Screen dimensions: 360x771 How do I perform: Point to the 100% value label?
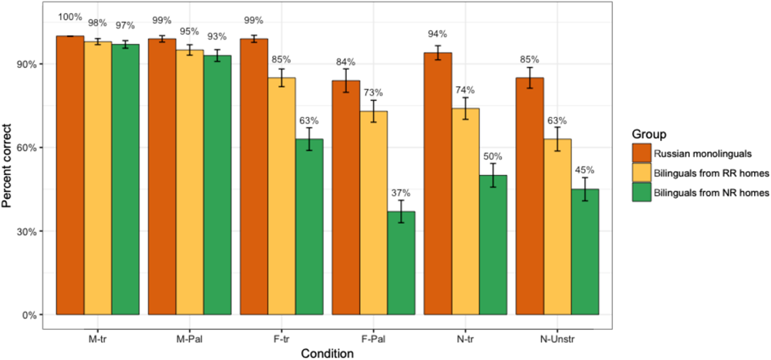point(70,16)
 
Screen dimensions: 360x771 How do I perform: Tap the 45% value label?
point(585,170)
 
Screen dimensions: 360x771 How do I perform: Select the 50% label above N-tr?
point(493,156)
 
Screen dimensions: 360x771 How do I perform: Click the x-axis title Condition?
point(327,353)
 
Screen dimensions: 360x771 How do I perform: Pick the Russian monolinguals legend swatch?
point(641,152)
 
